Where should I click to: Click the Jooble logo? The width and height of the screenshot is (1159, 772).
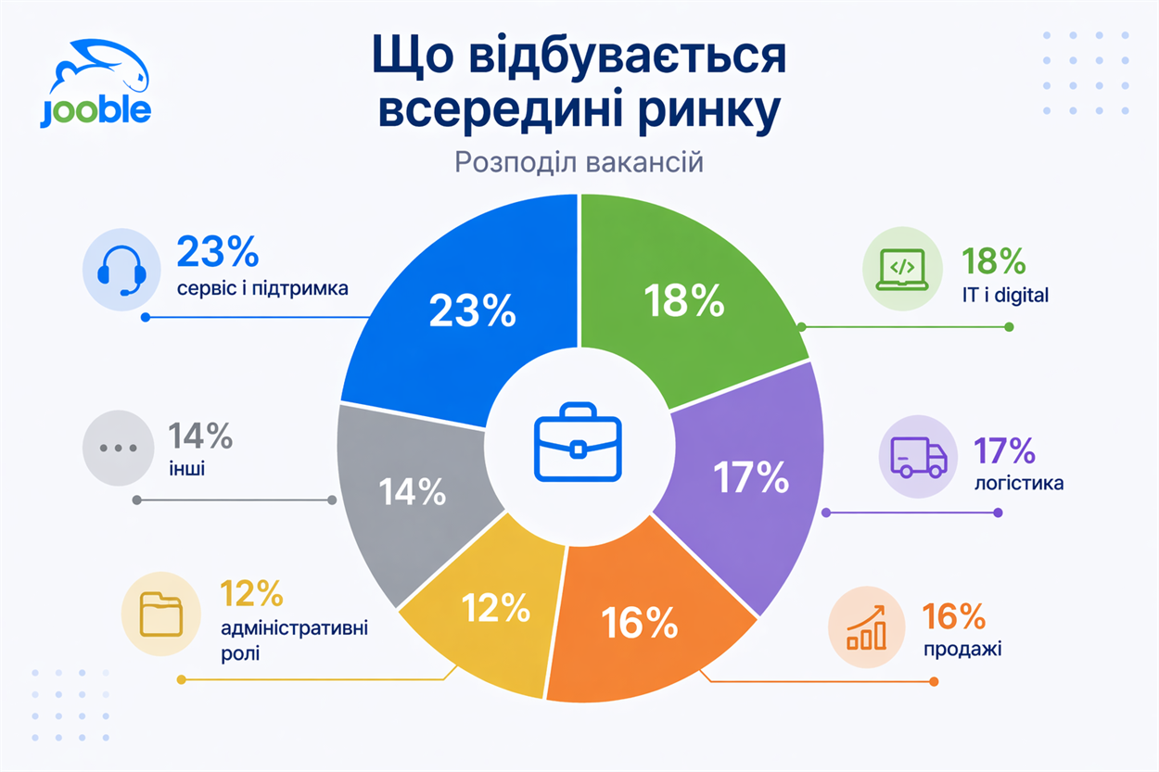[x=96, y=83]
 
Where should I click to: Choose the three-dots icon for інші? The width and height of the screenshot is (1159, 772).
[x=117, y=448]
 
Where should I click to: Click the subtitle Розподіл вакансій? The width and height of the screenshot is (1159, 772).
[x=579, y=162]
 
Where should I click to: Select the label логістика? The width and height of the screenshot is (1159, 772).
[x=1018, y=483]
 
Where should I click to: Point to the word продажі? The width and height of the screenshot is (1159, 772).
[x=962, y=646]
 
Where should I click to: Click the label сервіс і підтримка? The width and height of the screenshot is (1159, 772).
[x=262, y=287]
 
